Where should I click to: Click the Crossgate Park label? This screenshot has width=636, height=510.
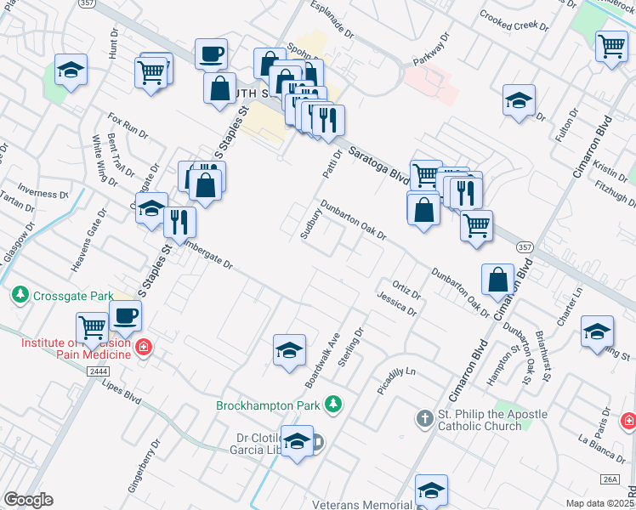pyautogui.click(x=73, y=296)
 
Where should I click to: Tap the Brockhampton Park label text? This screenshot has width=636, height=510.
pyautogui.click(x=271, y=405)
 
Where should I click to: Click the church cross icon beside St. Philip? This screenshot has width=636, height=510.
pyautogui.click(x=424, y=418)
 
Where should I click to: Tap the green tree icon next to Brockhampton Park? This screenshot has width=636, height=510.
pyautogui.click(x=335, y=404)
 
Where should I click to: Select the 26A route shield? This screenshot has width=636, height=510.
pyautogui.click(x=609, y=480)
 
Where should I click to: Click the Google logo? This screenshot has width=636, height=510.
pyautogui.click(x=28, y=500)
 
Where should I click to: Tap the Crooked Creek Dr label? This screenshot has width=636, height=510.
pyautogui.click(x=514, y=19)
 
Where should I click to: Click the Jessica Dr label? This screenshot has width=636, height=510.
pyautogui.click(x=398, y=303)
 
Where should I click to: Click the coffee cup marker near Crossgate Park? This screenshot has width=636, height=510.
pyautogui.click(x=125, y=316)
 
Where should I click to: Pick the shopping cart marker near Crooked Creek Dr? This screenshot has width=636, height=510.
pyautogui.click(x=611, y=46)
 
